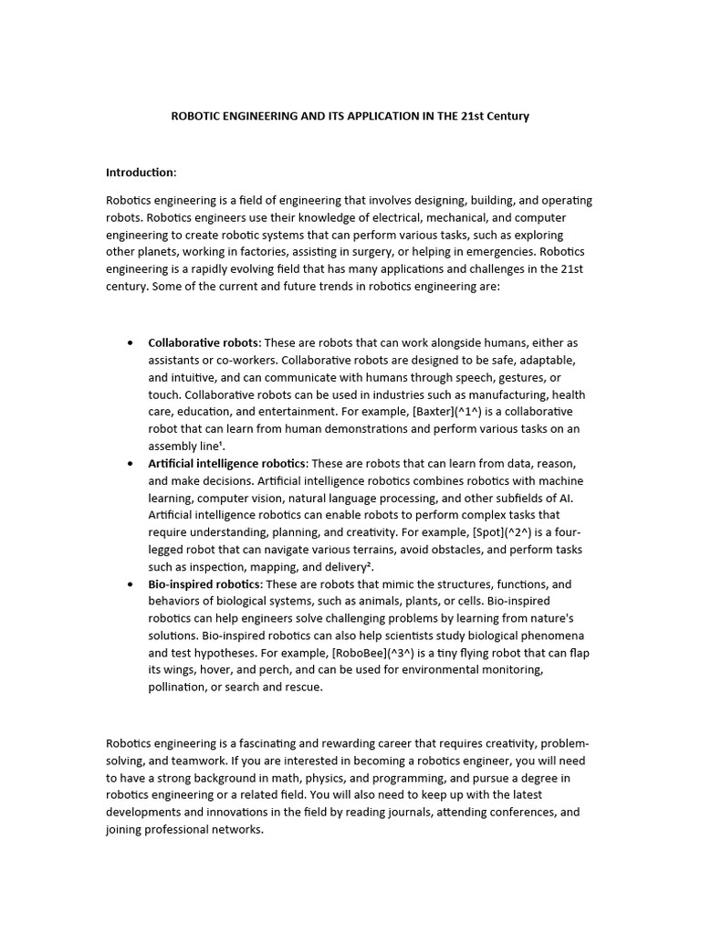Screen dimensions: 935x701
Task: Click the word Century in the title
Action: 506,116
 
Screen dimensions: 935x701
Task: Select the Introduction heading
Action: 141,173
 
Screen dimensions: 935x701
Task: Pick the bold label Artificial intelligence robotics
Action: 227,464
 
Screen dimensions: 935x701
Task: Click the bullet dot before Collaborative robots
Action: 129,343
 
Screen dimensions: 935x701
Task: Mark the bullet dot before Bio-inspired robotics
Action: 129,585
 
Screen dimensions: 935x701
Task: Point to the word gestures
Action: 522,377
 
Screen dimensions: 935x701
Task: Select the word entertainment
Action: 269,412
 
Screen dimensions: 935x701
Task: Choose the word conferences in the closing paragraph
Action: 524,812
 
